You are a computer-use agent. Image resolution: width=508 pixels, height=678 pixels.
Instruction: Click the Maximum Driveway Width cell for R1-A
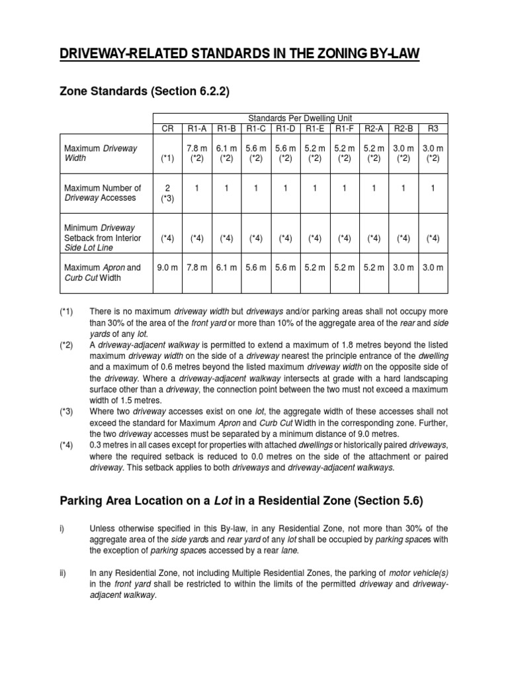pos(197,154)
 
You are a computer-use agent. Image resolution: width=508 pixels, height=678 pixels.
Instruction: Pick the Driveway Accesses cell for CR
pos(167,193)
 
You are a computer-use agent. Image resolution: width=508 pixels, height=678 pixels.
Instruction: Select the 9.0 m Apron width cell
pos(167,267)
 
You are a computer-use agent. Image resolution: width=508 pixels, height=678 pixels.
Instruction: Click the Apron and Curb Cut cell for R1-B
pos(226,267)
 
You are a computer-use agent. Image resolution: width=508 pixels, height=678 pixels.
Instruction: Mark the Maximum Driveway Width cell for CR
pos(167,159)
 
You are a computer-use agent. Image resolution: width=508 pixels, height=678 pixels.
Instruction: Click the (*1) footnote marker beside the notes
pos(66,311)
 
